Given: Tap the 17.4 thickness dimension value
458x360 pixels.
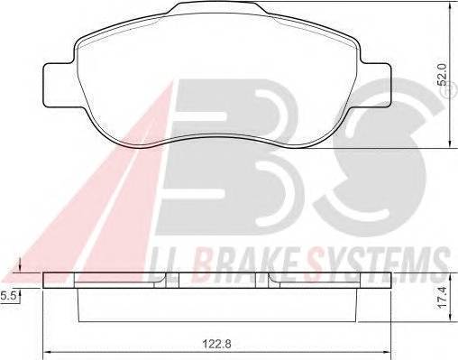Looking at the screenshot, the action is (443, 298).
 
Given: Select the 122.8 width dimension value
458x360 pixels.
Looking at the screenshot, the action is (216, 344).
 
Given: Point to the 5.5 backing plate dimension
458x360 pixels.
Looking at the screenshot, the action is (7, 296).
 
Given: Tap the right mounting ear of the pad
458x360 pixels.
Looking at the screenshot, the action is (377, 85).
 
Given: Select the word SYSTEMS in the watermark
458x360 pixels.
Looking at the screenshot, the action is (377, 265).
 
